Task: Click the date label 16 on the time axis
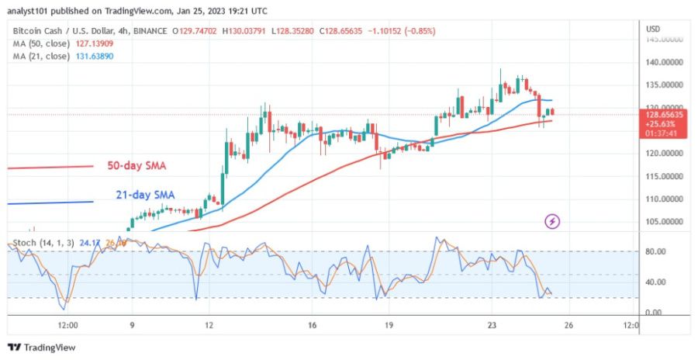coord(309,326)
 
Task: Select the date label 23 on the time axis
coord(491,326)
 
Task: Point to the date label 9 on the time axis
coord(132,326)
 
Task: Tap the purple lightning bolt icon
coord(552,222)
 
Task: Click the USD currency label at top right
coord(653,29)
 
